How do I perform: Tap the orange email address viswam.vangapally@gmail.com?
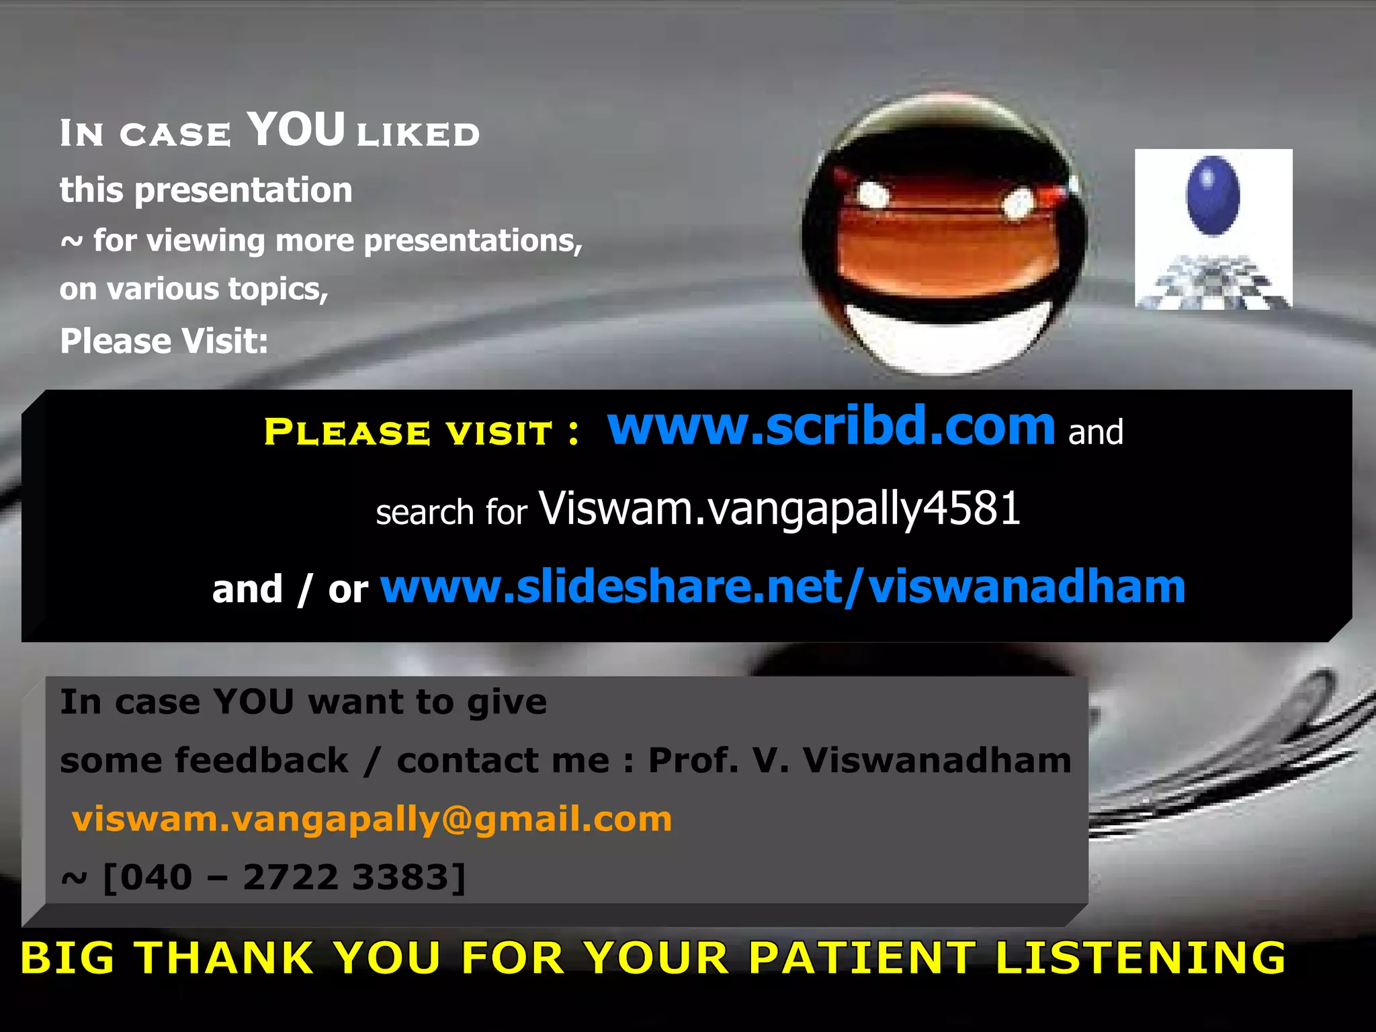[372, 819]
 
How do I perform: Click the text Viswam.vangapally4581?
[779, 509]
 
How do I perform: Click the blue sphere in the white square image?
[1213, 196]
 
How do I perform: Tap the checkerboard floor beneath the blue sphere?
[1213, 282]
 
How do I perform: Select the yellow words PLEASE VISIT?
[408, 431]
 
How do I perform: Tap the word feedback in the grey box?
[262, 761]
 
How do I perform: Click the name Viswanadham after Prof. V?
[937, 761]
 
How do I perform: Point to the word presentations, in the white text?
[473, 241]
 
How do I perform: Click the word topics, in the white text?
[278, 290]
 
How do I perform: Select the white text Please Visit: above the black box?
[164, 341]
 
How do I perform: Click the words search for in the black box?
[451, 512]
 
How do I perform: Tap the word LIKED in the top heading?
[418, 134]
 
